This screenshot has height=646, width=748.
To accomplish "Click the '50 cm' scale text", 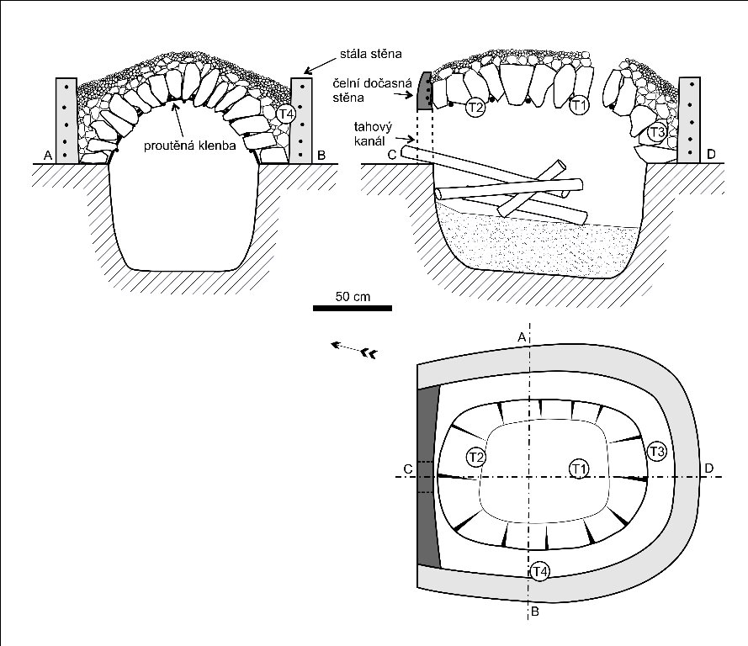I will click(352, 296).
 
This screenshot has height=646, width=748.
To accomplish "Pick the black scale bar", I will click(352, 309).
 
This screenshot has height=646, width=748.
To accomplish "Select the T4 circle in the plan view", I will click(541, 572).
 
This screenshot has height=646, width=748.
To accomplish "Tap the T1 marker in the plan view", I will click(578, 468).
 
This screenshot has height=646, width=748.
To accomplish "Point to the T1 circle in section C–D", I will click(578, 106).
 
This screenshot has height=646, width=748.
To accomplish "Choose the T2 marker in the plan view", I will click(476, 457).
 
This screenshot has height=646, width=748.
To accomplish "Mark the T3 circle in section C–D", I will click(658, 132).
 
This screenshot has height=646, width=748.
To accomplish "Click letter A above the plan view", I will click(522, 336).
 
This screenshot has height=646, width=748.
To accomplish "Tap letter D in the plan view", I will click(708, 468).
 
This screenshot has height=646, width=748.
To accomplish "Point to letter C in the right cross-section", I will click(391, 156).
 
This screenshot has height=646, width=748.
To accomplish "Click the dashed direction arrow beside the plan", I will click(353, 349).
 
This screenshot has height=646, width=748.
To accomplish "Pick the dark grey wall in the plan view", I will click(429, 476).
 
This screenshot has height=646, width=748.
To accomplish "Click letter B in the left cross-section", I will click(323, 156).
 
